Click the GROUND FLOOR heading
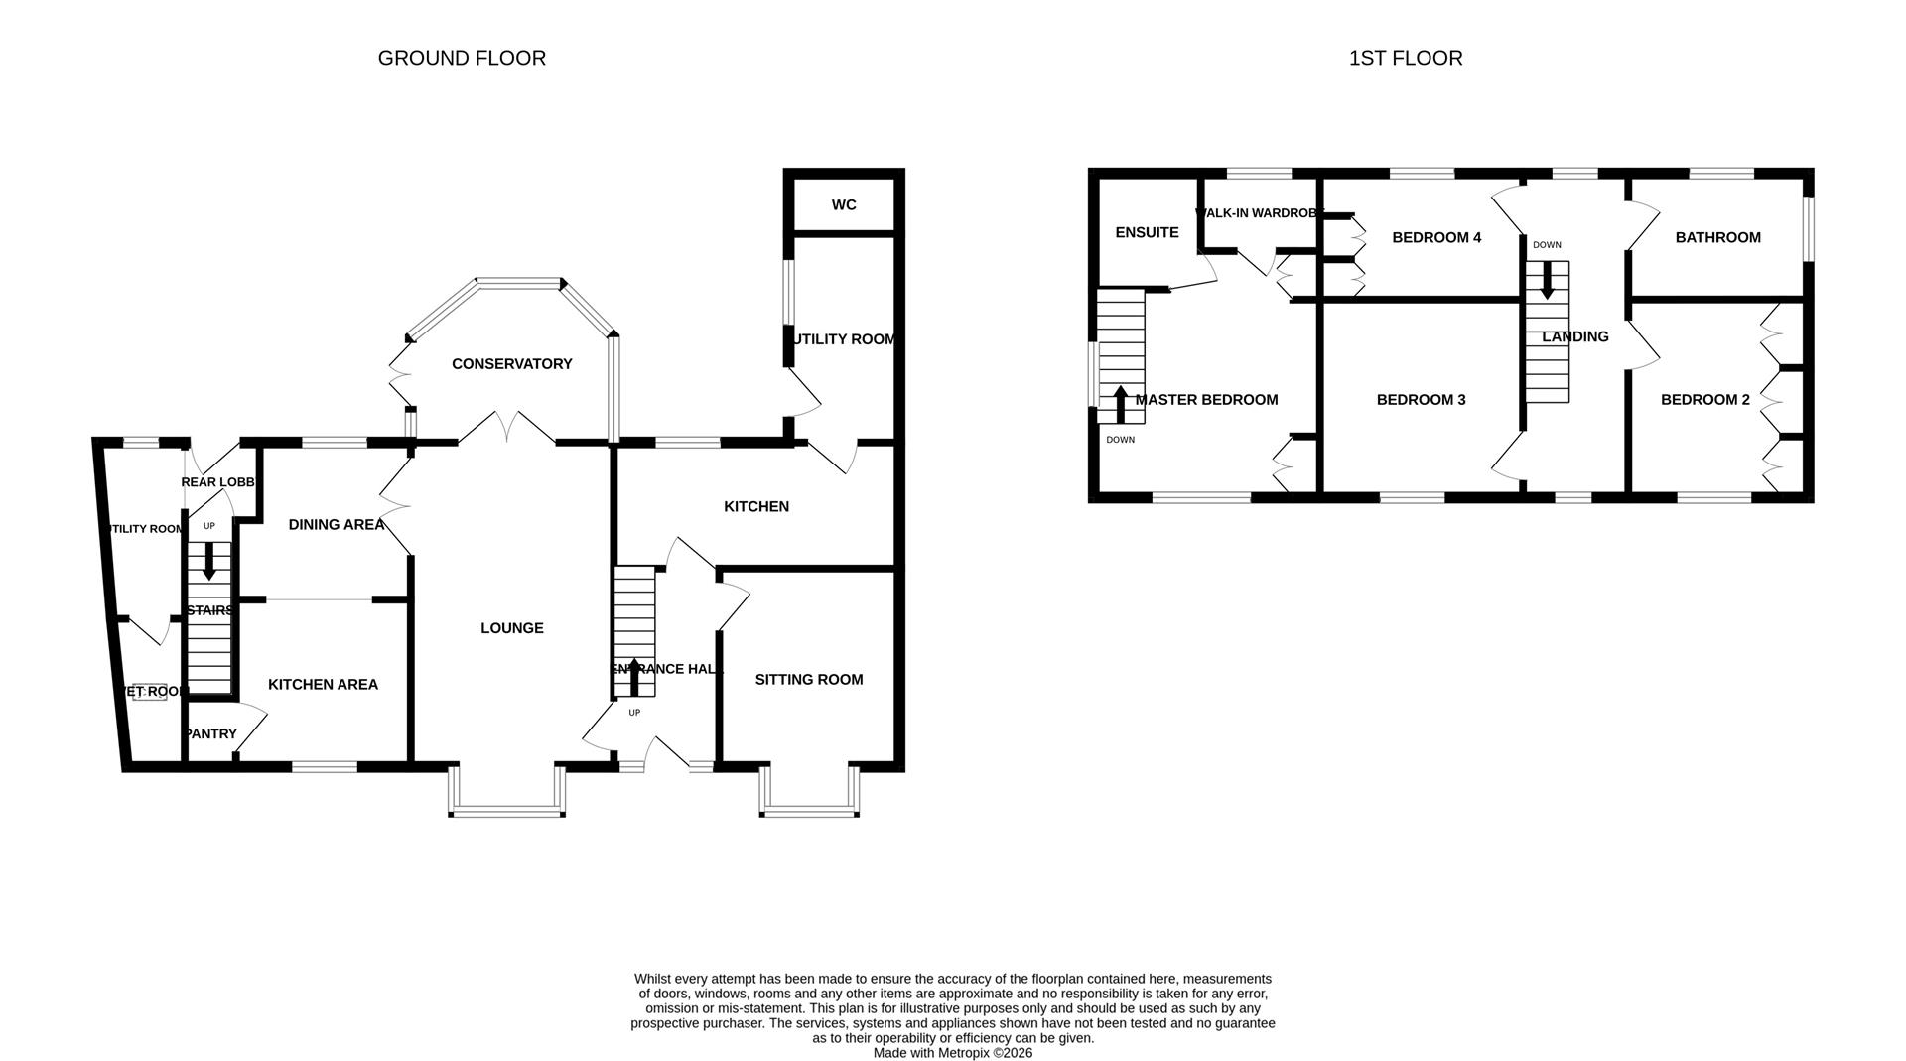462,59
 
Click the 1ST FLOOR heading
1405,59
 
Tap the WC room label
844,205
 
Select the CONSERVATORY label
511,364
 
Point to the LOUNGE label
511,628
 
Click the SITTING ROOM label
808,680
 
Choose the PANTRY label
210,734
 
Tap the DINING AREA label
336,525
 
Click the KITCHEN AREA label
323,685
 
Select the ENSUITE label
1147,233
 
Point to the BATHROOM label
1717,238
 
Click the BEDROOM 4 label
1435,238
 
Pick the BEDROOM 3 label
1421,400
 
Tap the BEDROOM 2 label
1704,400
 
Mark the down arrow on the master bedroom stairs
1120,404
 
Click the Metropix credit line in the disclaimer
952,1053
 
